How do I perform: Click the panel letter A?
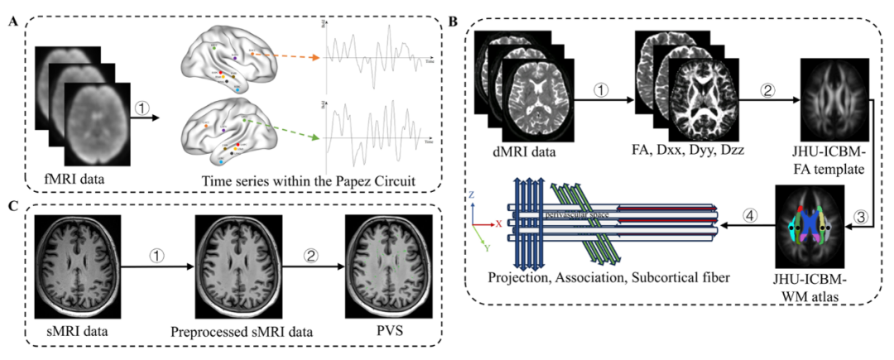[13, 22]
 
